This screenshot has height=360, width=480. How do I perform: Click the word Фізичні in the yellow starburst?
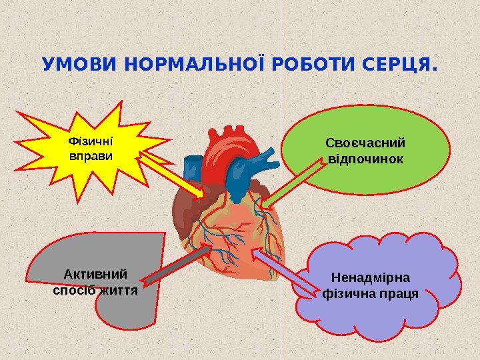(91, 142)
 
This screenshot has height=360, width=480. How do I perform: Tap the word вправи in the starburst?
(91, 156)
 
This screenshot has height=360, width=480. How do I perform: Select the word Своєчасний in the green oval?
(365, 143)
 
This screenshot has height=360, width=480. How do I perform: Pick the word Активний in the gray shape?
(95, 274)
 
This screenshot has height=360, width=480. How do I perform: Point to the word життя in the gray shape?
(118, 291)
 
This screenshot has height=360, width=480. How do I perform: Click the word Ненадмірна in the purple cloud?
(371, 276)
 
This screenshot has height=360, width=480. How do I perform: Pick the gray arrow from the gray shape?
(177, 263)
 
